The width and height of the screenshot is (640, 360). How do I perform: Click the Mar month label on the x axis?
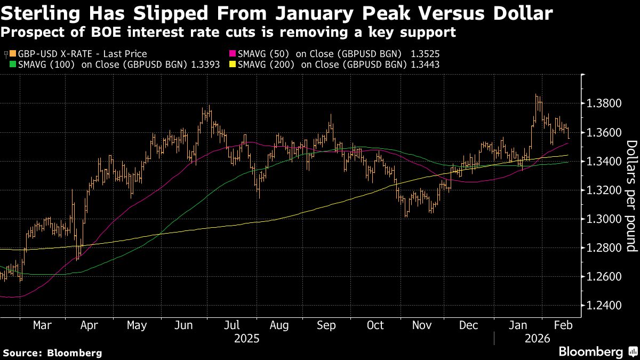(42, 325)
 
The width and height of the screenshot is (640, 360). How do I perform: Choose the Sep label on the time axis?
(326, 325)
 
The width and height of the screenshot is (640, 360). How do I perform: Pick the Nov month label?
(422, 325)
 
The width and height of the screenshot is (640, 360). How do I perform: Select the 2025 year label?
(247, 339)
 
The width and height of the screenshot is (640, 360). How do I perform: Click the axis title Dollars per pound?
(631, 196)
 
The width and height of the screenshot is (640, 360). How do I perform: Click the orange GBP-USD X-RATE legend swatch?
(13, 54)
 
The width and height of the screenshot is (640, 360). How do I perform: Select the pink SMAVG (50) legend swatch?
(232, 54)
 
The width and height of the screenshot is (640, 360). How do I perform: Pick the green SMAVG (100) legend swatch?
(13, 65)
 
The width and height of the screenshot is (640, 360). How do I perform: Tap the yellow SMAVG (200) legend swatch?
(232, 65)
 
